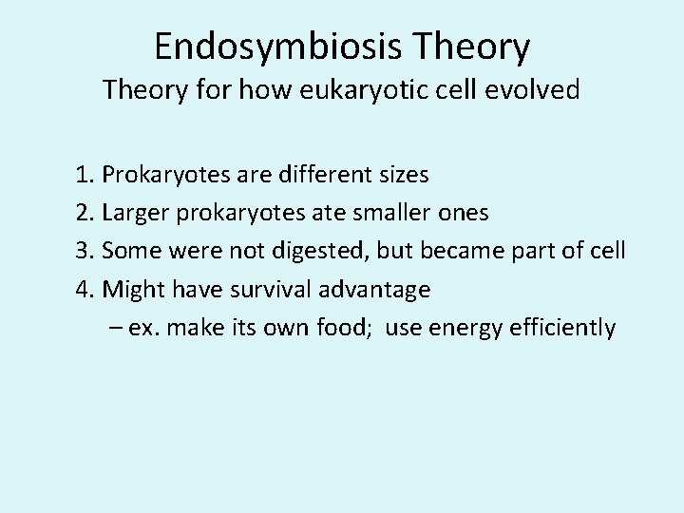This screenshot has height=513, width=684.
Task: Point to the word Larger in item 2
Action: [136, 214]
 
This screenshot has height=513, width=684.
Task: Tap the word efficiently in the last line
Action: [569, 328]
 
